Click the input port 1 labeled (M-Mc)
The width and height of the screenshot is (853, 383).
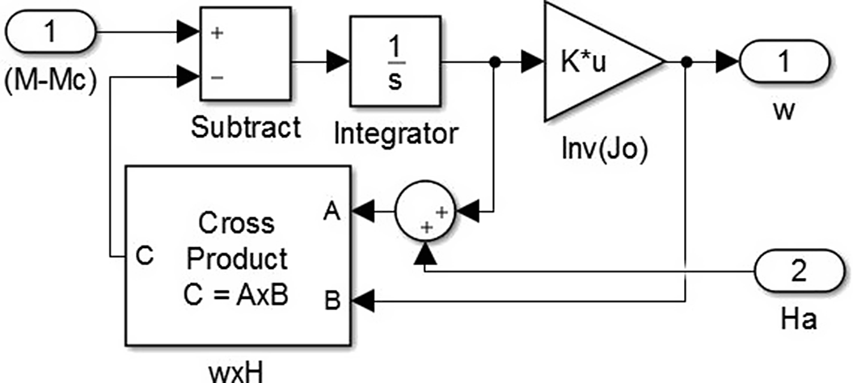[x=51, y=33]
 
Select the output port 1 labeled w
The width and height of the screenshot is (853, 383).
[x=783, y=61]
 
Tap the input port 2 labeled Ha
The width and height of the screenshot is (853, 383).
[x=798, y=271]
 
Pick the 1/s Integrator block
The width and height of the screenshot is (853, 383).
[x=395, y=61]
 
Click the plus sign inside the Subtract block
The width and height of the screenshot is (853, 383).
[x=217, y=34]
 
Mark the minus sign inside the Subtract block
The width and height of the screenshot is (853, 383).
[x=217, y=78]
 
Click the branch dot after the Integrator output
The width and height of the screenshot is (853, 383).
[x=494, y=61]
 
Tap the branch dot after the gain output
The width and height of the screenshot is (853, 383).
[x=686, y=61]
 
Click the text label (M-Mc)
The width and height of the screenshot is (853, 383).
[x=51, y=82]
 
